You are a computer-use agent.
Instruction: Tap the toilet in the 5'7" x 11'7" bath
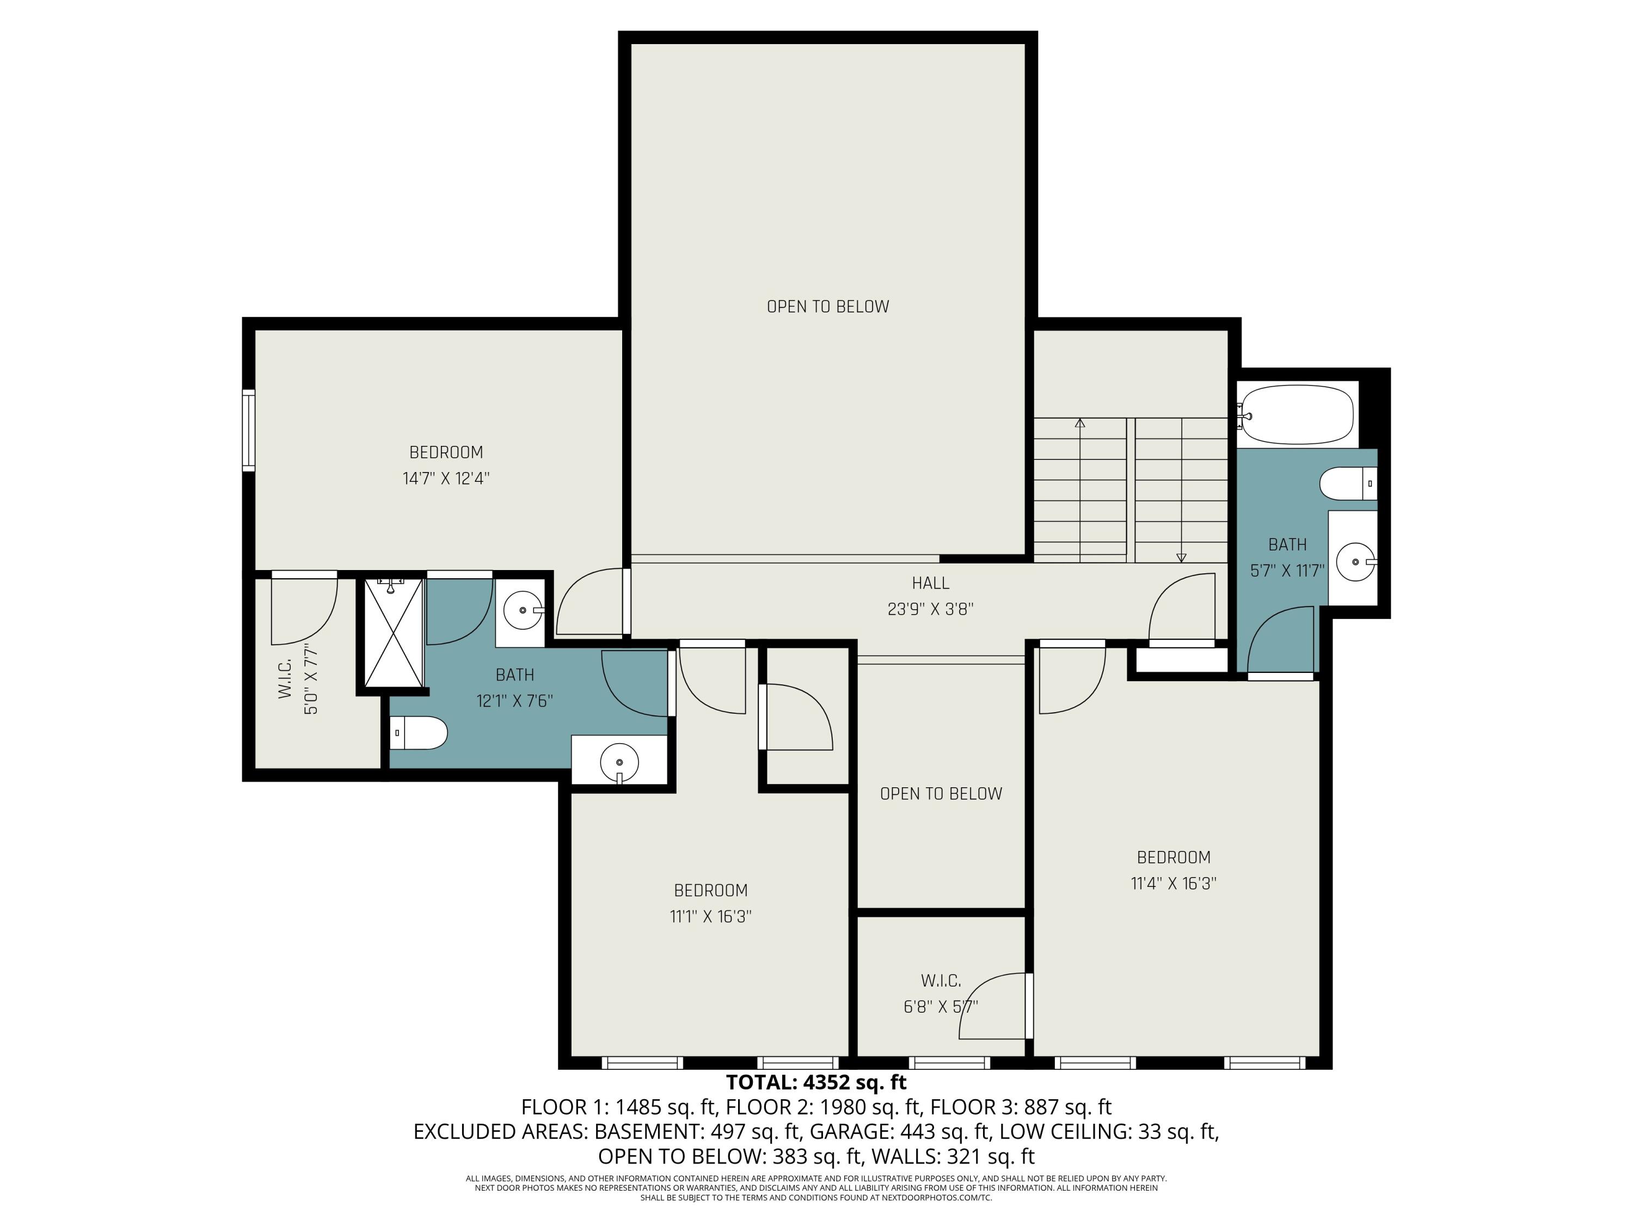(x=1348, y=483)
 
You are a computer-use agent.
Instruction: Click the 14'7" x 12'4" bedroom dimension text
(x=446, y=479)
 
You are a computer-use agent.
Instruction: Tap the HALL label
(x=930, y=583)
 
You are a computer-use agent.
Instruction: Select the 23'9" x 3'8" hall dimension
(x=930, y=609)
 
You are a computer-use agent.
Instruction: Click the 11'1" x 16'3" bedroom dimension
(x=710, y=916)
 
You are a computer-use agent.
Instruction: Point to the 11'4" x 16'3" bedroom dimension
(x=1173, y=883)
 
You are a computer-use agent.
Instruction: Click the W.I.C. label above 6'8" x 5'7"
(x=941, y=981)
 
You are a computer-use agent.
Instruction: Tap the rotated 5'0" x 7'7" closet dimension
(x=310, y=679)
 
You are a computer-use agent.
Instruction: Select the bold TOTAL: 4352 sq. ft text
(x=816, y=1082)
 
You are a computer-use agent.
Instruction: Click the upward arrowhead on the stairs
(x=1080, y=423)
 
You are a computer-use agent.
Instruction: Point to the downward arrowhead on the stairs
(x=1181, y=558)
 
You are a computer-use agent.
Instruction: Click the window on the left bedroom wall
(x=249, y=431)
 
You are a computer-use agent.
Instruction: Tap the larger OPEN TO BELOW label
(x=827, y=307)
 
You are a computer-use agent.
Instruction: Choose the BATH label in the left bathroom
(x=514, y=675)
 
